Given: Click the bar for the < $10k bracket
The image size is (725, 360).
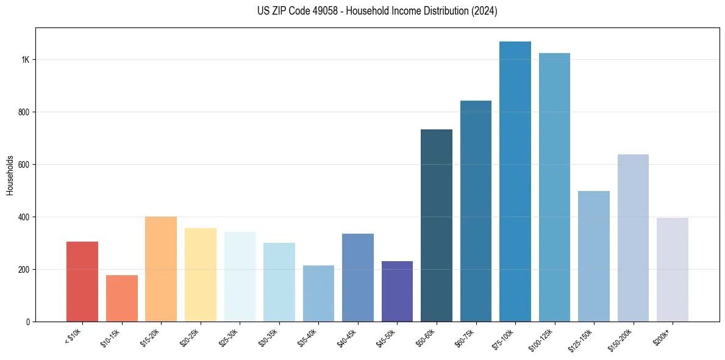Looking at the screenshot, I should click(82, 281).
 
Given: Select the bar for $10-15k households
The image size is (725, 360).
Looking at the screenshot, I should click(121, 298).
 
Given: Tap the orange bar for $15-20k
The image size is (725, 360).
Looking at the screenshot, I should click(161, 269).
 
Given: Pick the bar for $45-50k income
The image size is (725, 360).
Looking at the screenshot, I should click(397, 291).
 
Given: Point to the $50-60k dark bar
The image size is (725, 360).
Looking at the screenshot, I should click(437, 225).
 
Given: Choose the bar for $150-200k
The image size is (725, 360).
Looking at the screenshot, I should click(633, 238).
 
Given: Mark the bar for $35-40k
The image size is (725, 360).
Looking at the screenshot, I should click(318, 293).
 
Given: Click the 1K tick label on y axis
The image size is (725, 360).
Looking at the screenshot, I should click(25, 60).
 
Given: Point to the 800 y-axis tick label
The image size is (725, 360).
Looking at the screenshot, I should click(23, 112).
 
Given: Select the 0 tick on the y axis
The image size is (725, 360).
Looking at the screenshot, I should click(27, 322).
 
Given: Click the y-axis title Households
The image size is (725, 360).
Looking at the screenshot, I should click(10, 175).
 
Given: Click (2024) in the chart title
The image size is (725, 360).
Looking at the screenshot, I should click(484, 11).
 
